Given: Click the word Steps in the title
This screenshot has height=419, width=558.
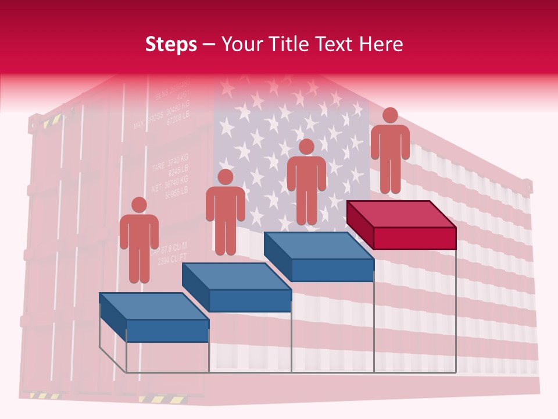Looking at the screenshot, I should click(x=170, y=44).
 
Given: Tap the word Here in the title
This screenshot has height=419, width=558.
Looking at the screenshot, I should click(x=381, y=44).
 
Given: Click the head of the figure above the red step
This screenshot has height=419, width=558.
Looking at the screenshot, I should click(x=390, y=115).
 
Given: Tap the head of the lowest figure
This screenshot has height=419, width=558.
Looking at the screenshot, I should click(x=139, y=205).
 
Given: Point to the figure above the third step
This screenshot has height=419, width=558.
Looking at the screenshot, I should click(x=306, y=180).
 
